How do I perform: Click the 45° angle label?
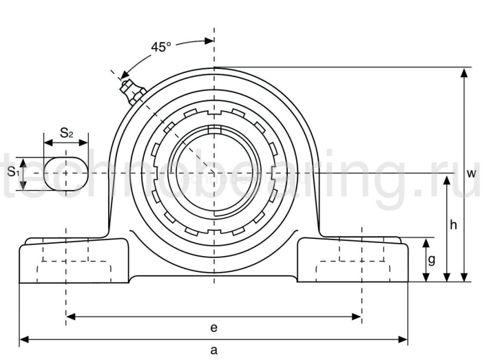pyautogui.click(x=160, y=47)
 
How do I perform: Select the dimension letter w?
pyautogui.click(x=471, y=174)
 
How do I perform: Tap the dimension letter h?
pyautogui.click(x=452, y=224)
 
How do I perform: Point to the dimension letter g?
pyautogui.click(x=432, y=260)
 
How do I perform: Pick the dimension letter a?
pyautogui.click(x=213, y=350)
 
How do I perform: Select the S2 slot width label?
pyautogui.click(x=66, y=133)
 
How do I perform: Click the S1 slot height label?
pyautogui.click(x=12, y=172)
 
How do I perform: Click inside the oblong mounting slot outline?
pyautogui.click(x=66, y=173)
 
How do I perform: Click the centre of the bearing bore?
pyautogui.click(x=214, y=173)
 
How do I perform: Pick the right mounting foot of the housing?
pyautogui.click(x=354, y=261)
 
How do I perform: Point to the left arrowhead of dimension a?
pyautogui.click(x=23, y=339)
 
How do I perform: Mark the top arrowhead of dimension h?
pyautogui.click(x=448, y=178)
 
